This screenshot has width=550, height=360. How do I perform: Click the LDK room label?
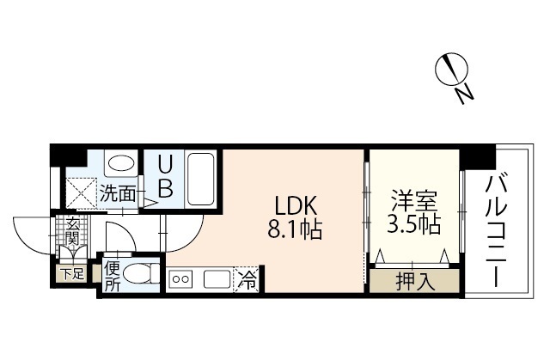(x=296, y=205)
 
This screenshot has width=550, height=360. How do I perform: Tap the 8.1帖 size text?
(x=295, y=229)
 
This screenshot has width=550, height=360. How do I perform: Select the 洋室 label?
(x=414, y=200)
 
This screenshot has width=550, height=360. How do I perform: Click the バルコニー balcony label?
(x=496, y=232)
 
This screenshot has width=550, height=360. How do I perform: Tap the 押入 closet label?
(x=415, y=281)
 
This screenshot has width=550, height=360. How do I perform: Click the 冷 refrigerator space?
(x=247, y=280)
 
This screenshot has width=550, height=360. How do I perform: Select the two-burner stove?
(x=181, y=280)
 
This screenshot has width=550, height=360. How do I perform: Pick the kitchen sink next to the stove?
(x=217, y=280)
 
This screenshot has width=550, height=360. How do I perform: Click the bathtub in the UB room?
(x=200, y=179)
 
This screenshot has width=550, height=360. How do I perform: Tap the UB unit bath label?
(x=165, y=176)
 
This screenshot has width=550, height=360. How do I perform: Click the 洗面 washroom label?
(x=118, y=193)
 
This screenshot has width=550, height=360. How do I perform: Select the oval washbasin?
(x=121, y=164)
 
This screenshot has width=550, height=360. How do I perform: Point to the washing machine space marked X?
(x=82, y=193)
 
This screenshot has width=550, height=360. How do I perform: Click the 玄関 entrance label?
(x=72, y=232)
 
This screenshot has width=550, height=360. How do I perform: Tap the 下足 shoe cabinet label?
(x=72, y=274)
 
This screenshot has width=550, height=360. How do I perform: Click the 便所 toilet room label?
(x=113, y=277)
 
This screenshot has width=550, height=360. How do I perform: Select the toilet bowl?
(x=137, y=274)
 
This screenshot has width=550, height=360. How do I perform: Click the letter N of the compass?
(x=464, y=95)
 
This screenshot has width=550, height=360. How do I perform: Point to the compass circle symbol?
(x=451, y=69)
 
